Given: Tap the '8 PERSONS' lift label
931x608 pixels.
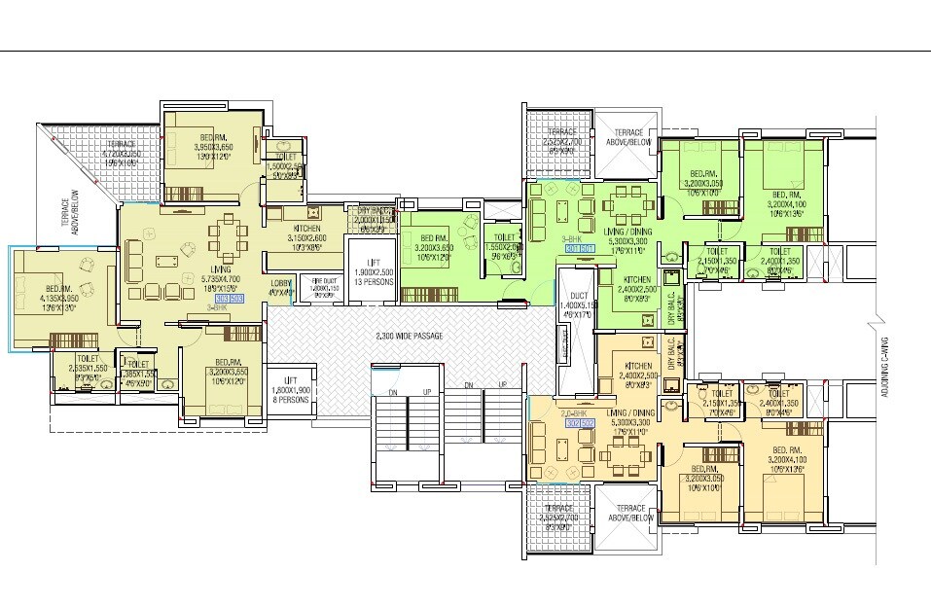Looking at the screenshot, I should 290,399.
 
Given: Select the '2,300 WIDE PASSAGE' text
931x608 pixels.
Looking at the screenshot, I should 409,337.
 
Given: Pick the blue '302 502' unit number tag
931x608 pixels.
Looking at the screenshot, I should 580,422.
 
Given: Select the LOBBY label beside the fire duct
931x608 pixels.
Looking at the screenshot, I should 283,287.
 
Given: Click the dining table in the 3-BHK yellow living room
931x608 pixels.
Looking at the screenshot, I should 230,236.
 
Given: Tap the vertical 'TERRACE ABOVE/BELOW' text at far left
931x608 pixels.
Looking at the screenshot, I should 67,219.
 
